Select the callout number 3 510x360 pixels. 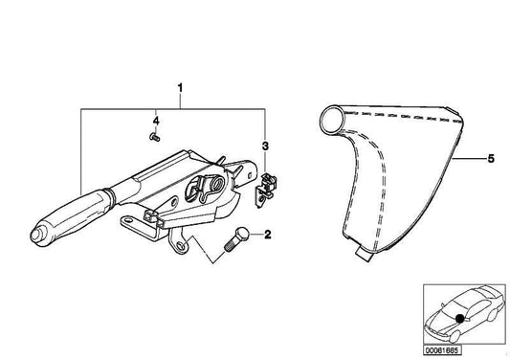[x=266, y=146]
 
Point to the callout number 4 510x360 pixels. [x=156, y=121]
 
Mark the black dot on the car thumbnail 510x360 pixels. [x=462, y=317]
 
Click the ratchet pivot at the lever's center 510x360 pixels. [x=213, y=184]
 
